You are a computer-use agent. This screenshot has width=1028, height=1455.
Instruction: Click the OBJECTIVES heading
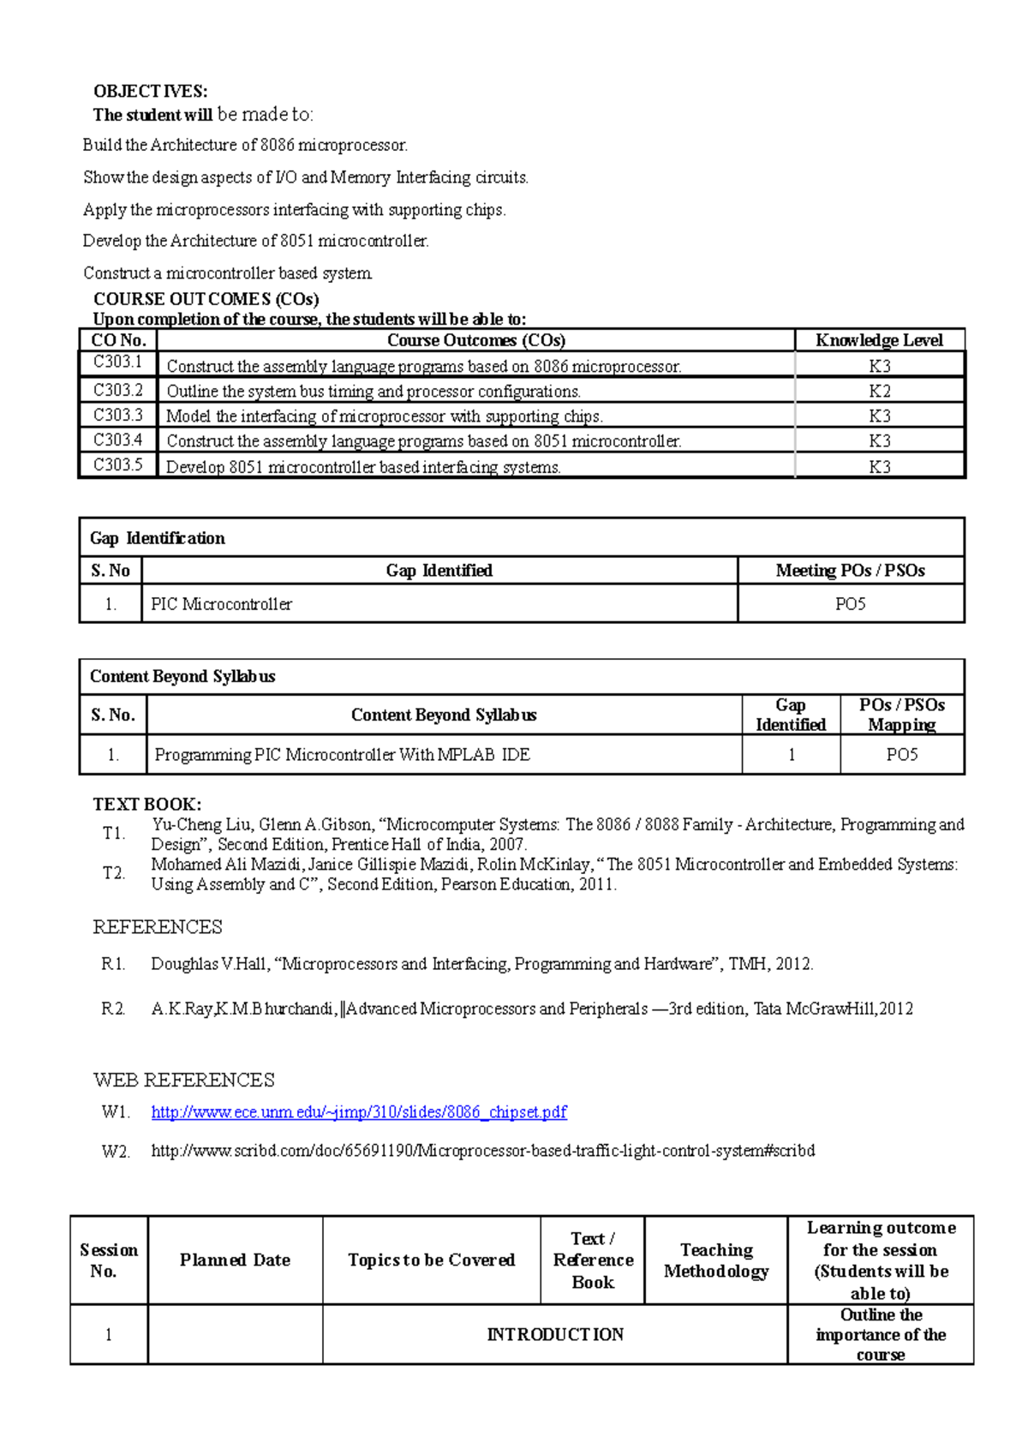click(x=150, y=92)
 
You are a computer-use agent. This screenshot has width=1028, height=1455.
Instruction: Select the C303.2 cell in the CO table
click(x=118, y=390)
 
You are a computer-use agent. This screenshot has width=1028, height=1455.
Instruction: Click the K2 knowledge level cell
click(x=880, y=391)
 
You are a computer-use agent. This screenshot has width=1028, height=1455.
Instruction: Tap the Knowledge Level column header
click(x=879, y=340)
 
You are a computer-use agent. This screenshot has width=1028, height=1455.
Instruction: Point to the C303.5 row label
click(x=118, y=465)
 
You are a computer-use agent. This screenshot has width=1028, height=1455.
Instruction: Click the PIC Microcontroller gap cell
click(x=221, y=604)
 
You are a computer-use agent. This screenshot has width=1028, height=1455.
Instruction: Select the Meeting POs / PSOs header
click(x=850, y=571)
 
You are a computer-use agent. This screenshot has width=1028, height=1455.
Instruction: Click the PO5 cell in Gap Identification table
click(x=850, y=604)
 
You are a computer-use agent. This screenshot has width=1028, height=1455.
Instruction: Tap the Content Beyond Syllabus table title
click(x=182, y=676)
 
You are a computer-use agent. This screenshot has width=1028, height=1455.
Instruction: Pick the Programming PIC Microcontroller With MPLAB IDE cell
click(x=342, y=755)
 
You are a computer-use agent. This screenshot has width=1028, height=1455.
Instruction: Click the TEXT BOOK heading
click(x=146, y=804)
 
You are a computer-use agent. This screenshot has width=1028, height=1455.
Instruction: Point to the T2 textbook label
click(x=114, y=873)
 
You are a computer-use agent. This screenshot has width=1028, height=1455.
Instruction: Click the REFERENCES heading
click(x=157, y=927)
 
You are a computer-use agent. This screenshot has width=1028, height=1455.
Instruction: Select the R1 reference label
click(x=113, y=964)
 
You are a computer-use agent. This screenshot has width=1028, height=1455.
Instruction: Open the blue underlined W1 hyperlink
click(x=359, y=1112)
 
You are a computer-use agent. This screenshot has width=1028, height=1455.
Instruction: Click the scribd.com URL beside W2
click(x=482, y=1151)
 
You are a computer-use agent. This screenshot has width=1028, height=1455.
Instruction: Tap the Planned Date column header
click(x=235, y=1260)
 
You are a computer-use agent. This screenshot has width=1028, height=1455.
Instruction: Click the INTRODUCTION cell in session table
click(x=554, y=1334)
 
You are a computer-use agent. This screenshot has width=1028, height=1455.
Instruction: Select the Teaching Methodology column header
click(x=716, y=1260)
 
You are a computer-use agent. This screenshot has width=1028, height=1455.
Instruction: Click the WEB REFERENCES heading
click(x=183, y=1080)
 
